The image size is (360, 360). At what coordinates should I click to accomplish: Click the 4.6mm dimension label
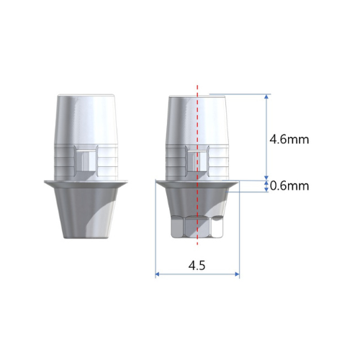289,140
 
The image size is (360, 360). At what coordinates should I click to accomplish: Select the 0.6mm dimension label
289,186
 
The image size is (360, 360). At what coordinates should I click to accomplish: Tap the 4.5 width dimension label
197,266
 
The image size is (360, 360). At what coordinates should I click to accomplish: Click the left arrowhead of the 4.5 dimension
158,274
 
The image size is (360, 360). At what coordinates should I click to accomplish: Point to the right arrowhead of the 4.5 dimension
237,274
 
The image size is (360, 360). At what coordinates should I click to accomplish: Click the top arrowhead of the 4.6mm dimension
266,96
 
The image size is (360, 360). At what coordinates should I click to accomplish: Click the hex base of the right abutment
197,227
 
